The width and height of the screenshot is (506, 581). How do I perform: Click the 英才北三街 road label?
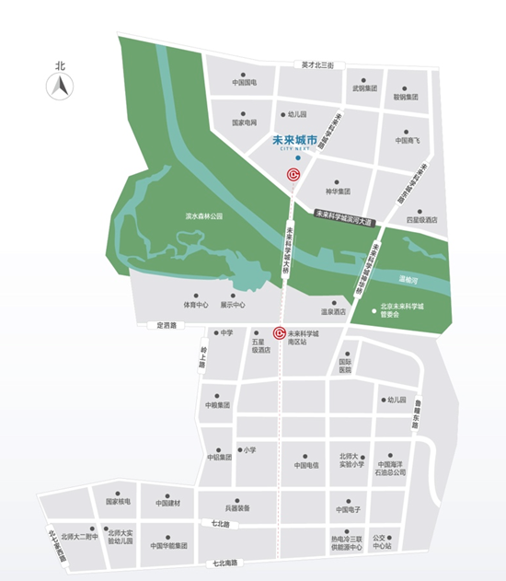pyautogui.click(x=323, y=65)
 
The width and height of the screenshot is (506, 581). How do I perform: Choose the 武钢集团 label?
pyautogui.click(x=365, y=90)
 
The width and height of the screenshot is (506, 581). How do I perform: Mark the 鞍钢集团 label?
pyautogui.click(x=406, y=97)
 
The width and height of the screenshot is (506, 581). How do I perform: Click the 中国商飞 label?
pyautogui.click(x=408, y=141)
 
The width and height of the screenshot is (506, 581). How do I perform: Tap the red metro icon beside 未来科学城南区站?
pyautogui.click(x=279, y=333)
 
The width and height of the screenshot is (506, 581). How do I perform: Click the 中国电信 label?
pyautogui.click(x=306, y=465)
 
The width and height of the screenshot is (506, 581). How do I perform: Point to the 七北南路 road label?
pyautogui.click(x=225, y=563)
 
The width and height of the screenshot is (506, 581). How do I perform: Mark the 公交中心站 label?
pyautogui.click(x=383, y=540)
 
